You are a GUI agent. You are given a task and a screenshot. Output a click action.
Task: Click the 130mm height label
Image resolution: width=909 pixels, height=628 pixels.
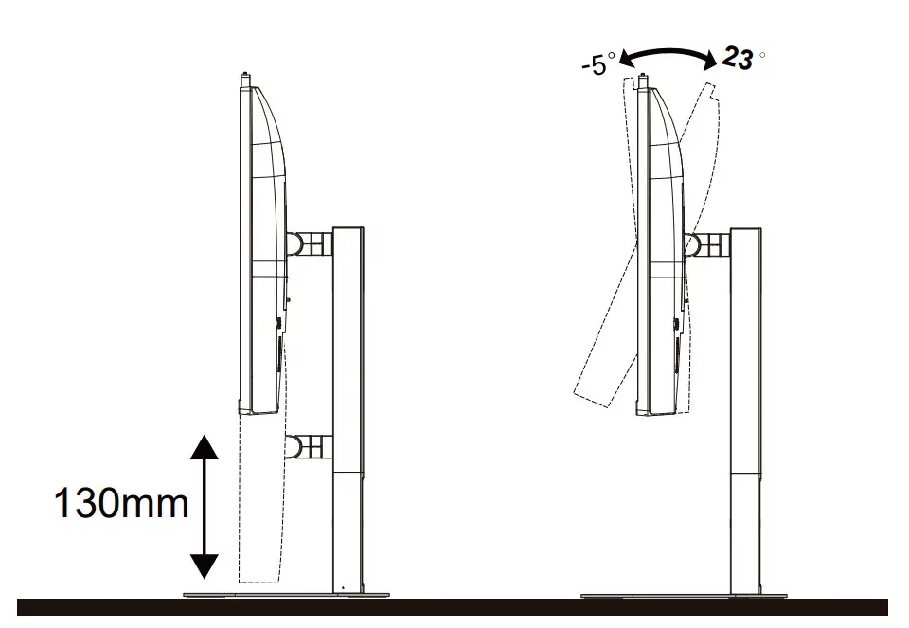(121, 502)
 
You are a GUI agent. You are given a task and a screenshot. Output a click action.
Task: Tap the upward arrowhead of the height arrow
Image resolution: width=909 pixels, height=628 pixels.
(205, 447)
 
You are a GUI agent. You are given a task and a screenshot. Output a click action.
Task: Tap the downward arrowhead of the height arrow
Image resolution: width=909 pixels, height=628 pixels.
(205, 565)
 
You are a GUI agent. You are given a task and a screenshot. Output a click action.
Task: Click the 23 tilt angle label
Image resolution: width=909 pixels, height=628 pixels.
(738, 58)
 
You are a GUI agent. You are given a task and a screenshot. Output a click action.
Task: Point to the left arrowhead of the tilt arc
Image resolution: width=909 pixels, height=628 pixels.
(627, 58)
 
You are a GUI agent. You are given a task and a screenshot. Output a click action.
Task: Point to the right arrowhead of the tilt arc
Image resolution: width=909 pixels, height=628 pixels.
(710, 60)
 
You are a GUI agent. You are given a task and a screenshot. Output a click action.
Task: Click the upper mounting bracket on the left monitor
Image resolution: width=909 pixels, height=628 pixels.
(310, 243)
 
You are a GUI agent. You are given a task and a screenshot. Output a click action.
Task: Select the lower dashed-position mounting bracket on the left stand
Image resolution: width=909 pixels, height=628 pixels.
(310, 446)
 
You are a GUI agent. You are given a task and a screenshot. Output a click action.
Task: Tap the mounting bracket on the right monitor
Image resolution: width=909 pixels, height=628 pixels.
(707, 244)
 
